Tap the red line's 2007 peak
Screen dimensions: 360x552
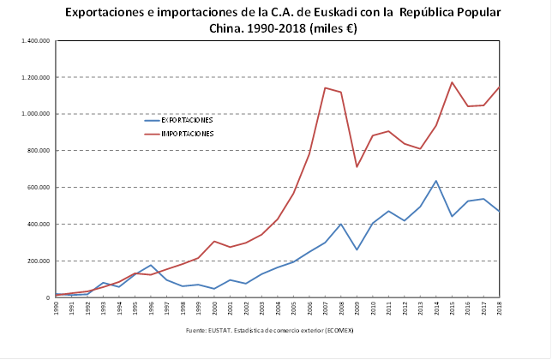pyautogui.click(x=325, y=87)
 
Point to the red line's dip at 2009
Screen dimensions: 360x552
pyautogui.click(x=357, y=166)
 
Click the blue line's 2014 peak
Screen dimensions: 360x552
pyautogui.click(x=435, y=181)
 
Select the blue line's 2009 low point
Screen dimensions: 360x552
pyautogui.click(x=357, y=249)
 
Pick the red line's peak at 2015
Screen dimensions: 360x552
pyautogui.click(x=452, y=82)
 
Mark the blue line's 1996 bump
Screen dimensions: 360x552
pyautogui.click(x=151, y=265)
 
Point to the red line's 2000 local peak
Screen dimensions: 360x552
pyautogui.click(x=214, y=242)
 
